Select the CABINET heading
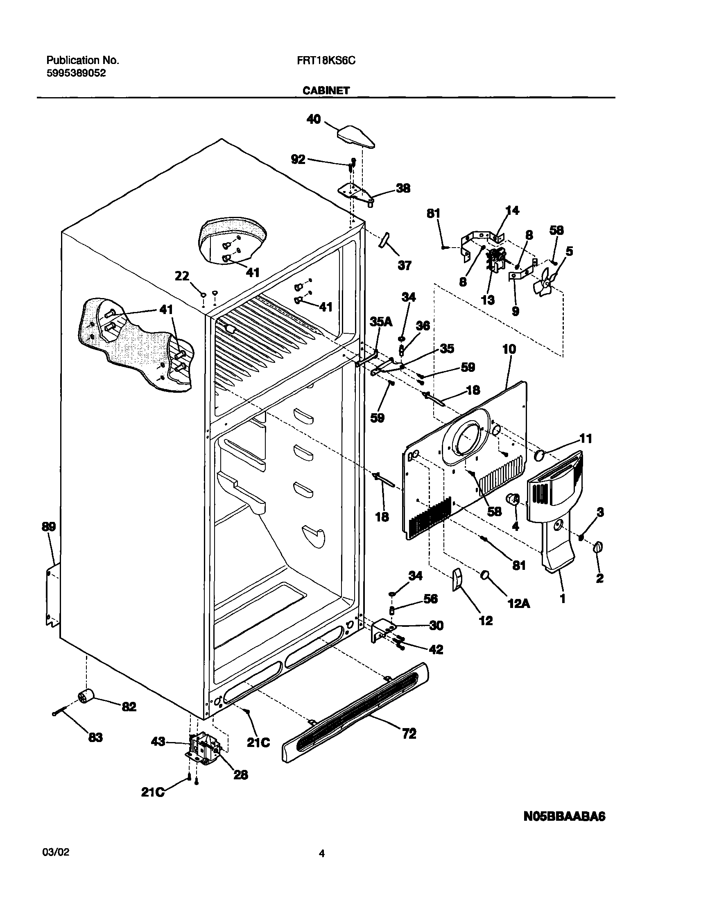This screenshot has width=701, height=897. click(326, 91)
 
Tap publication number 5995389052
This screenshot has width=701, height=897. click(76, 73)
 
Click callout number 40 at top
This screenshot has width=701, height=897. click(314, 119)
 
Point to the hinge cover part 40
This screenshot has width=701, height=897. click(356, 137)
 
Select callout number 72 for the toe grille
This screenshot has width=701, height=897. click(409, 733)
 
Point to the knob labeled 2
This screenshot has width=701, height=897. click(599, 548)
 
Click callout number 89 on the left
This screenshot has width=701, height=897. click(48, 527)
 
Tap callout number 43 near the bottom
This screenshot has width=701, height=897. click(158, 742)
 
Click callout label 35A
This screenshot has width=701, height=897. click(381, 322)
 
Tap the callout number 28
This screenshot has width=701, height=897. click(240, 775)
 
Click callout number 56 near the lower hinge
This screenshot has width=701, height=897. click(430, 599)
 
